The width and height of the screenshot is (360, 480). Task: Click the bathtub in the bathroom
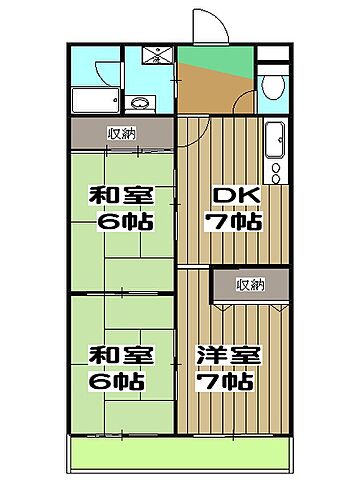point(96,99)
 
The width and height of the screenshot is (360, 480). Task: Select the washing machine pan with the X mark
point(158,56)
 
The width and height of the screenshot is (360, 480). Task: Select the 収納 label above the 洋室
point(251,285)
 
